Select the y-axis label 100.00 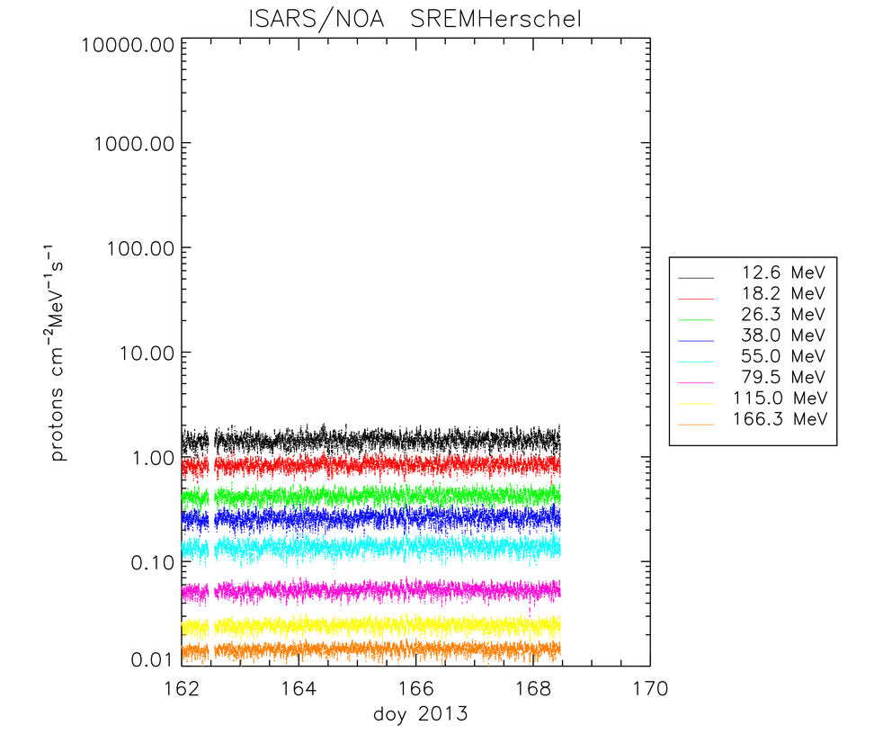[x=134, y=248]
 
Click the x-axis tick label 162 [x=183, y=690]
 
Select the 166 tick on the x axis [x=416, y=690]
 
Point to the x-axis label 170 [x=649, y=690]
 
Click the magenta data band [x=378, y=590]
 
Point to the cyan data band [x=378, y=546]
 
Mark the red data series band [x=378, y=464]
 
